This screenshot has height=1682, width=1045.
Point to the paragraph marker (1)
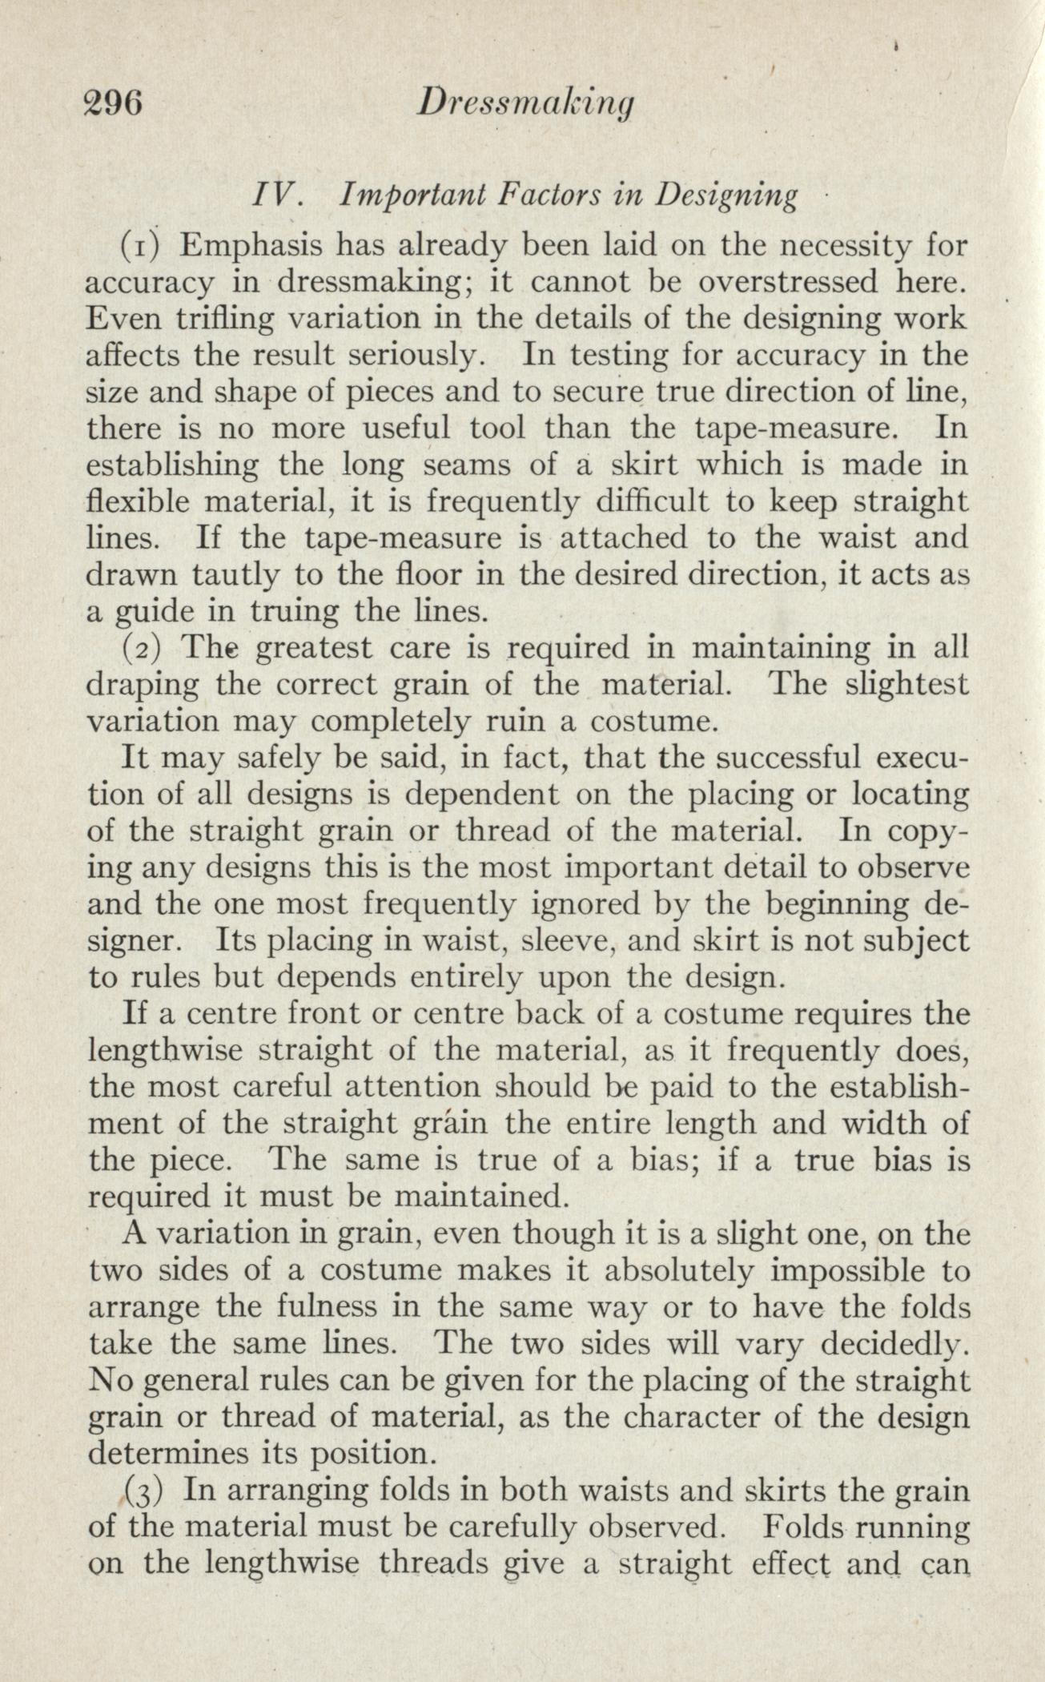pos(143,244)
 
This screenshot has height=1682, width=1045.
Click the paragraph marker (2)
pos(143,647)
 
